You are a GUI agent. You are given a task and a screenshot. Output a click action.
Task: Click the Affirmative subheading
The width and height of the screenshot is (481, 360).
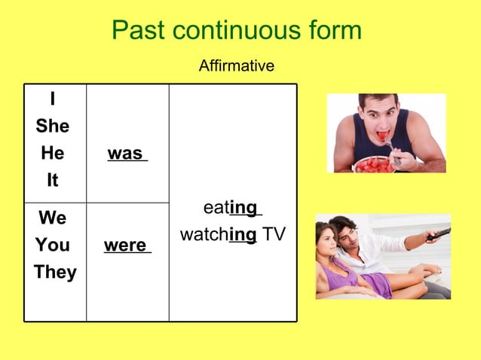pyautogui.click(x=236, y=66)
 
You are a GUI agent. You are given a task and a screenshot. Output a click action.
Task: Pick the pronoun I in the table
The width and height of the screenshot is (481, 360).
pyautogui.click(x=52, y=99)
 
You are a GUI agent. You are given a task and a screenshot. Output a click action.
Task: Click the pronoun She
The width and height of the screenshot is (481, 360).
pyautogui.click(x=52, y=127)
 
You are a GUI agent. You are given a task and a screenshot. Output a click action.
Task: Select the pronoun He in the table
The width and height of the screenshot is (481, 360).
pyautogui.click(x=52, y=154)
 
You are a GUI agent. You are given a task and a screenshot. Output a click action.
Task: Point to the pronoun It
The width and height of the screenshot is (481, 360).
pyautogui.click(x=52, y=181)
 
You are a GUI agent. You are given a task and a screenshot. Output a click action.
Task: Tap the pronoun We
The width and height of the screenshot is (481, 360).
pyautogui.click(x=52, y=218)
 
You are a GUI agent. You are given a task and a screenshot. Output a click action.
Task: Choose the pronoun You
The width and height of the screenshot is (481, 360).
pyautogui.click(x=52, y=246)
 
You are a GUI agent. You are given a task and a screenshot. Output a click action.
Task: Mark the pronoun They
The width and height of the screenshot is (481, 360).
pyautogui.click(x=54, y=273)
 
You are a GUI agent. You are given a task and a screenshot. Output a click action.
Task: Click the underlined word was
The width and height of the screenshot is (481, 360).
pyautogui.click(x=126, y=154)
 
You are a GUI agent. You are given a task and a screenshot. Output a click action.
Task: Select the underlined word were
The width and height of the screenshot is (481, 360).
pyautogui.click(x=126, y=246)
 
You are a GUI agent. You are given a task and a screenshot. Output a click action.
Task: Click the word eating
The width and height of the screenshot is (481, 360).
pyautogui.click(x=231, y=207)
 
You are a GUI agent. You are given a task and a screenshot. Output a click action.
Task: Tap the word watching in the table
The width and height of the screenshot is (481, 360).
pyautogui.click(x=219, y=235)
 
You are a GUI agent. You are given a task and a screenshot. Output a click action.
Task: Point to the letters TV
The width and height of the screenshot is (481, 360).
pyautogui.click(x=274, y=235)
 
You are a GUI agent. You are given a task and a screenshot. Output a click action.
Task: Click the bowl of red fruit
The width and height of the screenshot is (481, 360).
pyautogui.click(x=373, y=163)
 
